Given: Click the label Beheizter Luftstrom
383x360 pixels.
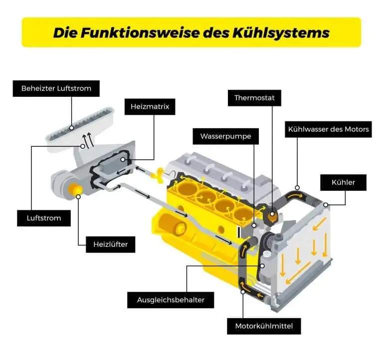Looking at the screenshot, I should (x=56, y=89).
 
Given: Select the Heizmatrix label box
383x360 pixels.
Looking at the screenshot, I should (x=150, y=106).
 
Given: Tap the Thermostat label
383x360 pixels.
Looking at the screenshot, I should (x=254, y=98).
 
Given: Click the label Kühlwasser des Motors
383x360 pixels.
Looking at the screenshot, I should (x=328, y=129).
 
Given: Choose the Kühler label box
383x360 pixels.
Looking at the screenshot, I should (x=343, y=182).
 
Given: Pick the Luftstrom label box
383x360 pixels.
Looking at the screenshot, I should (x=43, y=218).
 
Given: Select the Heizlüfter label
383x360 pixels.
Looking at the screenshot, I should (x=110, y=244).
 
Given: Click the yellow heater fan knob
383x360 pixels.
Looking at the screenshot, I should (x=77, y=190).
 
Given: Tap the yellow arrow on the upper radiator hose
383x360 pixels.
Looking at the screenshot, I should (x=297, y=190).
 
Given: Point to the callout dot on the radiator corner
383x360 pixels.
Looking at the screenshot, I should (x=326, y=204).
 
